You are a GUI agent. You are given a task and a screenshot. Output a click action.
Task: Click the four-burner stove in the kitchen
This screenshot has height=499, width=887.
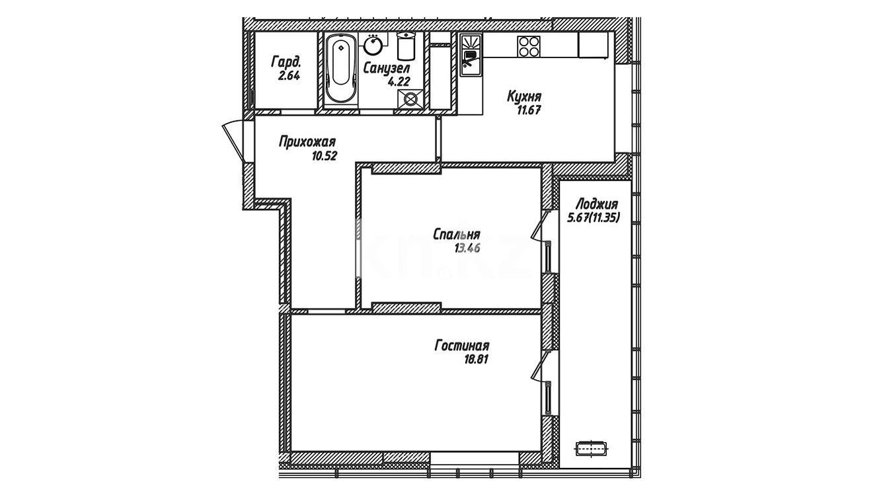pos(528,46)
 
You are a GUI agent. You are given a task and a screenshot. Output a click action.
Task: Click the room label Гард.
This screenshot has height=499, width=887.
pos(286,61)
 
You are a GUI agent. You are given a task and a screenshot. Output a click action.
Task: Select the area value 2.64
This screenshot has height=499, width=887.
pos(289,75)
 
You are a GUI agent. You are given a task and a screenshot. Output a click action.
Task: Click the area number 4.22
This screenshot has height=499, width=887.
pos(399,81)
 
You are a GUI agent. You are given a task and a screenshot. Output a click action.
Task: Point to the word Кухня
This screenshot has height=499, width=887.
pos(524,97)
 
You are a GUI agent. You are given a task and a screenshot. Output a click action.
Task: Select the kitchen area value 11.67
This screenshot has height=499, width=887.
pos(529,110)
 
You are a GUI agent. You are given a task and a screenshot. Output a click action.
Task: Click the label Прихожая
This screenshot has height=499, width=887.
pos(307,142)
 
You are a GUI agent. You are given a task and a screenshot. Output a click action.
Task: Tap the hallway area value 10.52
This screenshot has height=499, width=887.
pos(325,156)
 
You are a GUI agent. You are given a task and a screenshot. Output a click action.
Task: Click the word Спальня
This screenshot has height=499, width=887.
pos(457,235)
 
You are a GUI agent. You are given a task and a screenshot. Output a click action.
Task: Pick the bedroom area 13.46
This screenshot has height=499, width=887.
pos(467,249)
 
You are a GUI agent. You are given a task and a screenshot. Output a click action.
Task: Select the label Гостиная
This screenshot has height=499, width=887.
pos(462,346)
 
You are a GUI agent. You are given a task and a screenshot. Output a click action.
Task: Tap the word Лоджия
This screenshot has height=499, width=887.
pos(596,204)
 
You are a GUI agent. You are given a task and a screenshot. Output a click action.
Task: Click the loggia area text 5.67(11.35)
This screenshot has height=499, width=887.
pos(594,217)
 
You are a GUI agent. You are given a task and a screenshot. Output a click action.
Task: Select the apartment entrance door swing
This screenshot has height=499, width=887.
pos(233,141)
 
